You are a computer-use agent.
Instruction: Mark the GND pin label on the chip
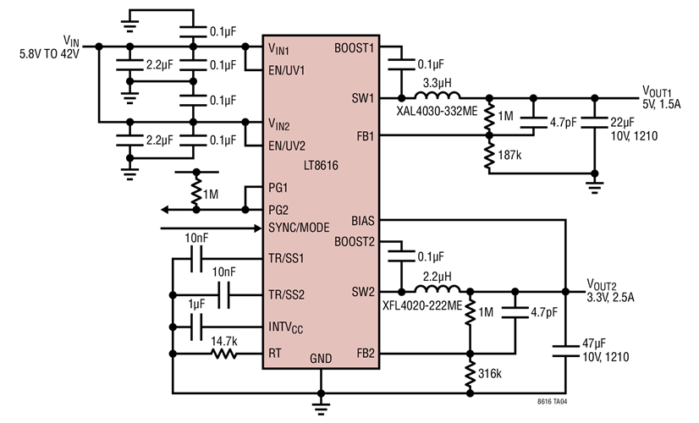[321, 358]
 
